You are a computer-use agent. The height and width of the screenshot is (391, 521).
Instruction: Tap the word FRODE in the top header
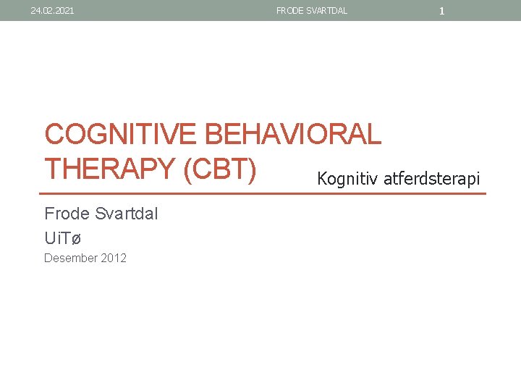tap(289, 11)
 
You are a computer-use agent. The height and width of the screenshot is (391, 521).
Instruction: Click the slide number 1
tap(441, 11)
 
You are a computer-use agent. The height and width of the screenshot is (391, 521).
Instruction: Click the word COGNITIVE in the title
tap(122, 135)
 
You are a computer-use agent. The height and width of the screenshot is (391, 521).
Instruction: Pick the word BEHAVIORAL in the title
tap(293, 135)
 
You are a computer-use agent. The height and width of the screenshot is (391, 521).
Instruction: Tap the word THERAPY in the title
tap(110, 169)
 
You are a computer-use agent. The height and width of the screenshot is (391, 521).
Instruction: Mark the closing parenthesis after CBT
tap(252, 169)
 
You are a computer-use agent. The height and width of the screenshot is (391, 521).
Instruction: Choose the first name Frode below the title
tap(67, 214)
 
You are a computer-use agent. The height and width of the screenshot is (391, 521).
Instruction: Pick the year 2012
tap(114, 258)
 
